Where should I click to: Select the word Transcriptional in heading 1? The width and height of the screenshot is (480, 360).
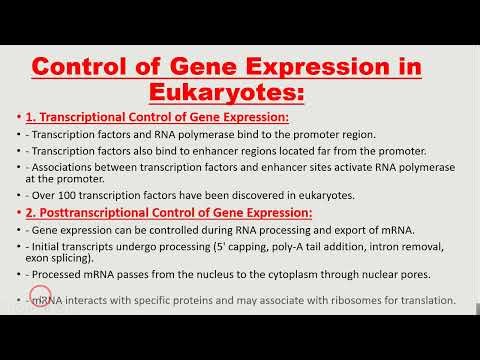pos(95,117)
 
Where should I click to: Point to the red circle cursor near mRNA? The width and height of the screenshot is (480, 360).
pos(39,299)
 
